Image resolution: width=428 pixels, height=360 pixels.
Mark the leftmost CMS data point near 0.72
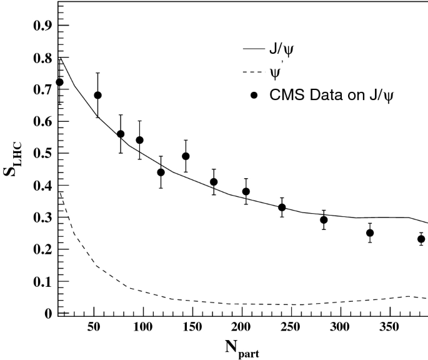coord(59,82)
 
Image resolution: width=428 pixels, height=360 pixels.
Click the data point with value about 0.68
coord(97,95)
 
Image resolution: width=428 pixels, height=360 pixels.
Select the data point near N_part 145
coord(186,156)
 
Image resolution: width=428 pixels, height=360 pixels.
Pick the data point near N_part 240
coord(282,207)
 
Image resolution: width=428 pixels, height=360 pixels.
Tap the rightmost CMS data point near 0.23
coord(421,239)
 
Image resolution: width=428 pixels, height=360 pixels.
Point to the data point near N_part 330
coord(370,232)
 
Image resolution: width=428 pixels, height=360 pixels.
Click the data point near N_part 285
coord(324,219)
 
